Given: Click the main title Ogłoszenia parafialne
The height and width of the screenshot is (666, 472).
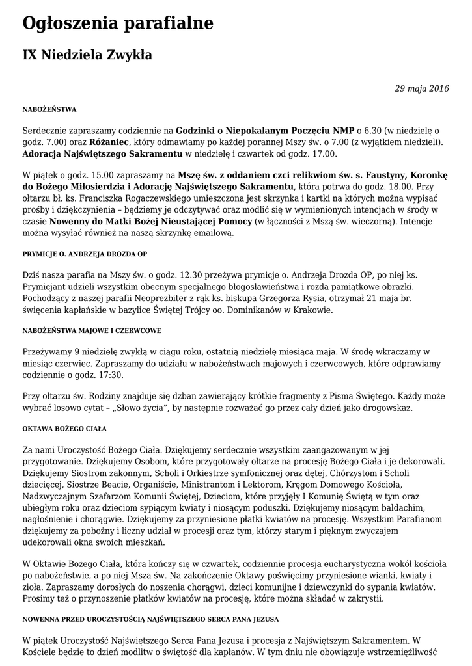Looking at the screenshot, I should point(118,24).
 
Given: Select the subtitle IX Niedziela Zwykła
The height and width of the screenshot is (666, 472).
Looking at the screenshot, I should point(87,55).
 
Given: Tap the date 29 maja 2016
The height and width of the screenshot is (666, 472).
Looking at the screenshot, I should point(422,88).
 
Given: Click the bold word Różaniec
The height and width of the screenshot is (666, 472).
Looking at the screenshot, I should point(109,142).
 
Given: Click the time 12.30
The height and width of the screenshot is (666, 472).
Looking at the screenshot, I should point(195,275).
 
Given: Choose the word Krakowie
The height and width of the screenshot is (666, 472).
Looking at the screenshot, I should point(312,310).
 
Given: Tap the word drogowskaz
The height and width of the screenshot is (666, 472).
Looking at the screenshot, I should point(386,408).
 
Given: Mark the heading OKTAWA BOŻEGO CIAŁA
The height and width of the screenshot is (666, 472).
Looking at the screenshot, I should point(64,429).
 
